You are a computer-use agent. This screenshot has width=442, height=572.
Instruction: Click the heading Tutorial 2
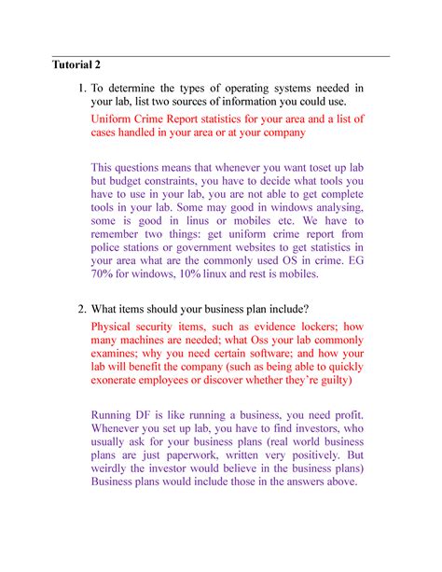point(76,65)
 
